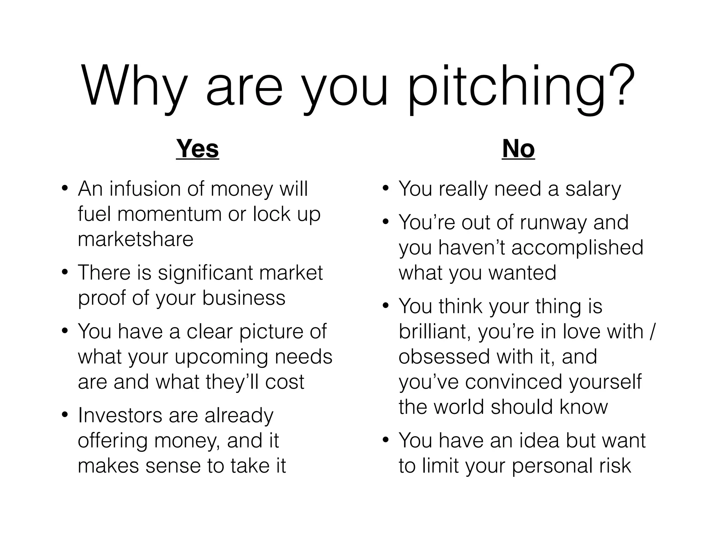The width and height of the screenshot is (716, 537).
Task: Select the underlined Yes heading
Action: (x=198, y=149)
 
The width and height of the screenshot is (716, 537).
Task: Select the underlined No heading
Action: (x=518, y=149)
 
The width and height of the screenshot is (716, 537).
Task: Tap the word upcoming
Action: (x=222, y=357)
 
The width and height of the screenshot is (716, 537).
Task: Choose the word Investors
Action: (x=120, y=415)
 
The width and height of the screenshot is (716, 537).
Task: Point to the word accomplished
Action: (x=577, y=248)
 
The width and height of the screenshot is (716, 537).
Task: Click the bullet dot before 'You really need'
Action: (x=386, y=189)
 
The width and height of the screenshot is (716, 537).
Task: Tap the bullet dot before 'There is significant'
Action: (x=64, y=273)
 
